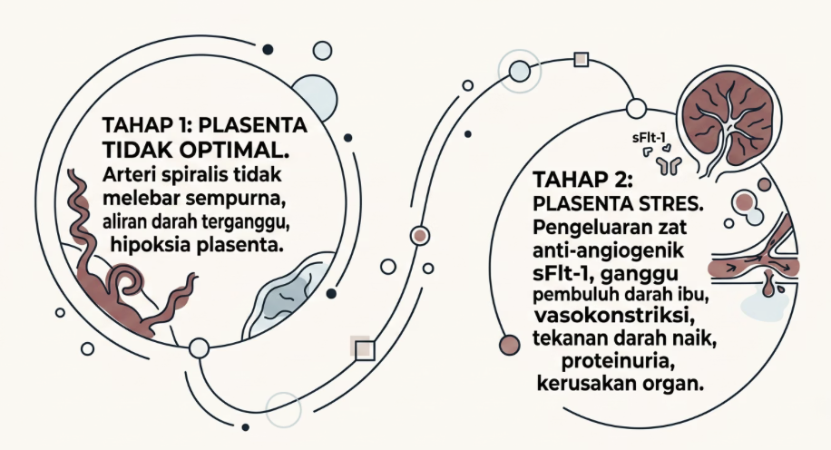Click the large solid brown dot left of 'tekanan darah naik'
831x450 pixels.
pyautogui.click(x=510, y=345)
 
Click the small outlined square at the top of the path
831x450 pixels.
pyautogui.click(x=582, y=61)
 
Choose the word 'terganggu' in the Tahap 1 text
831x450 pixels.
pyautogui.click(x=251, y=220)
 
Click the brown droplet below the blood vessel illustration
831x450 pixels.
pyautogui.click(x=768, y=287)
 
